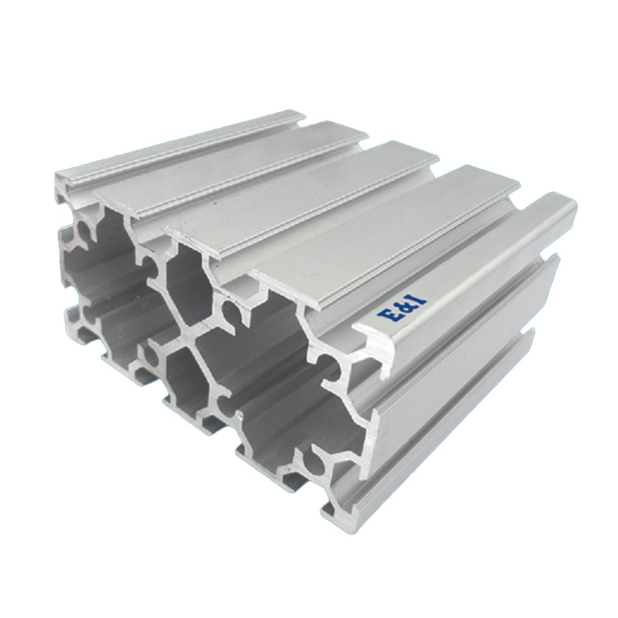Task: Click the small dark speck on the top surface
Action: (215, 204)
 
